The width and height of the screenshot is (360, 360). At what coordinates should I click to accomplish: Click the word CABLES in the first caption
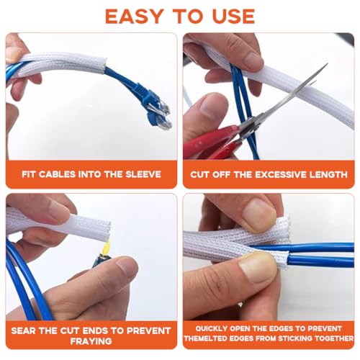[57, 174]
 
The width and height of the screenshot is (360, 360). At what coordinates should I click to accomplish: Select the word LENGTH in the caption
[328, 174]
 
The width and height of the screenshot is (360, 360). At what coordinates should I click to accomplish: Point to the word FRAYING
[91, 341]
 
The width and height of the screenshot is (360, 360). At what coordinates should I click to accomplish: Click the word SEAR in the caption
[24, 330]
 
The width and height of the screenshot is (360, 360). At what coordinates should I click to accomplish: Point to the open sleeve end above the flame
[107, 230]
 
